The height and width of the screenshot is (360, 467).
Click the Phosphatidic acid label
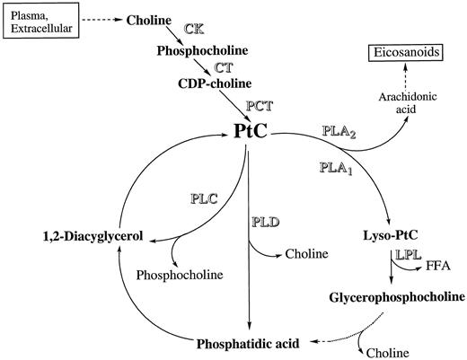250,342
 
